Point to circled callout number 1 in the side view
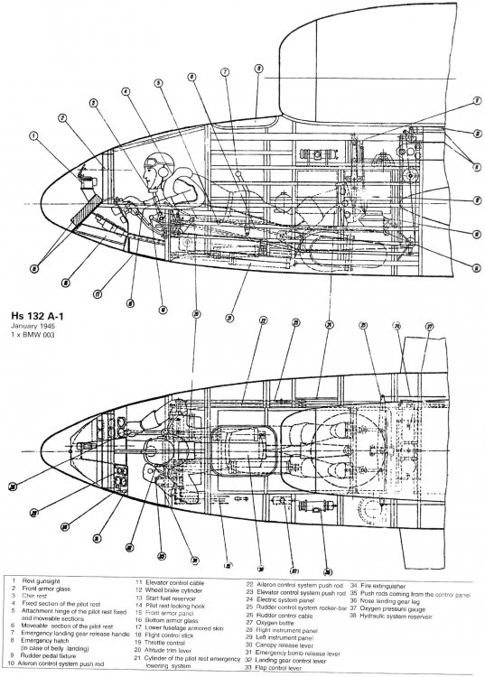[x=33, y=137]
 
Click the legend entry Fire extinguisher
[x=389, y=584]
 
